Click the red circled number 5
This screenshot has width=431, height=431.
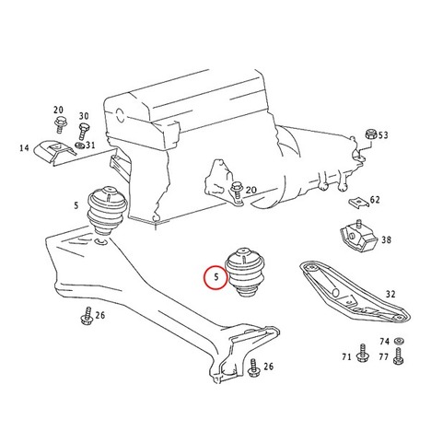tap(216, 277)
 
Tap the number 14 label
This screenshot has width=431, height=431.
tap(24, 148)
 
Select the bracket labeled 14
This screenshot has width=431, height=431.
tap(54, 153)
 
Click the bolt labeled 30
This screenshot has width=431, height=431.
tap(83, 131)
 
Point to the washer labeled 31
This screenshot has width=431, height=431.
tap(79, 145)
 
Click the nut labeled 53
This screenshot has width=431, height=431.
tap(370, 134)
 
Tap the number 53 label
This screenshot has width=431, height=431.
tap(383, 135)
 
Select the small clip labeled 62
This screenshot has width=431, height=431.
tap(359, 202)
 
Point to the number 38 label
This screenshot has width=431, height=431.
tap(387, 239)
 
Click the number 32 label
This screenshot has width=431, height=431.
tap(390, 294)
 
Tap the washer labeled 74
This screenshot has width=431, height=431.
tap(399, 341)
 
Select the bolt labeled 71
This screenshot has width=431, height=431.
tap(362, 352)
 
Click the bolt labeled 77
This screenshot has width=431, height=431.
tap(398, 356)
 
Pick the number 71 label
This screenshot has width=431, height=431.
tap(346, 356)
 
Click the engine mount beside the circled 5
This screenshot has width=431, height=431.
tap(245, 272)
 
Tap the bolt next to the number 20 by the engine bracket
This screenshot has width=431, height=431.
tap(237, 191)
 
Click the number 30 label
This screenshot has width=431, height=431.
tap(84, 116)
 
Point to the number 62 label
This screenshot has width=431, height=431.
tap(375, 200)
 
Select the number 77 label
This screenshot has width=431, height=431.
tap(384, 356)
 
